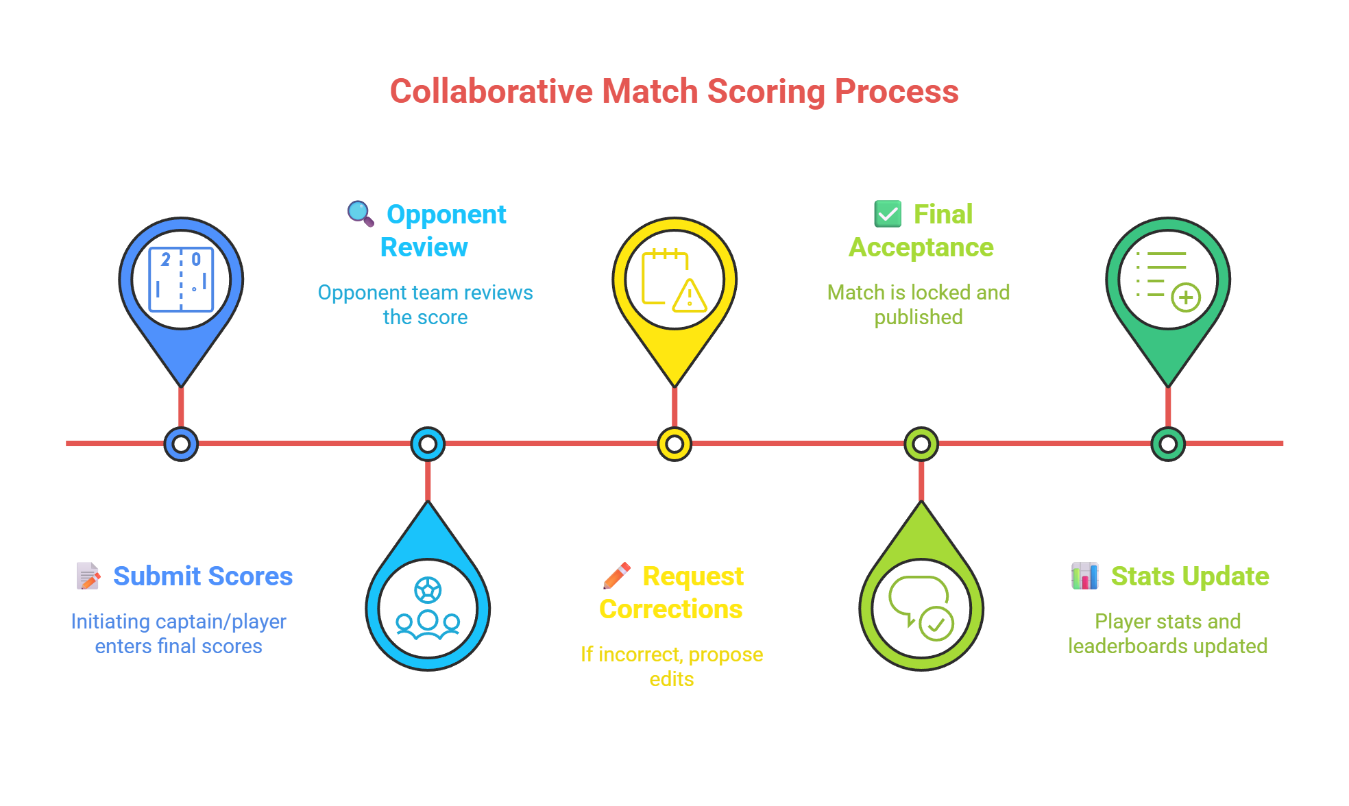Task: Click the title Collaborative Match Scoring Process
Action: [674, 92]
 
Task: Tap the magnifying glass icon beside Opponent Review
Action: [360, 213]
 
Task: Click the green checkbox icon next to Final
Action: [888, 214]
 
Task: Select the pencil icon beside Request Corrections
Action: [616, 576]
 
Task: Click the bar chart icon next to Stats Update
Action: [1084, 576]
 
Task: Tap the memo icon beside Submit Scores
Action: [88, 576]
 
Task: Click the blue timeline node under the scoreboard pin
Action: [181, 444]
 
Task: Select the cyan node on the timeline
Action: [428, 444]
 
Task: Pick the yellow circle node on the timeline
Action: [674, 444]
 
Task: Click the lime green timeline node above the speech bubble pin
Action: [921, 444]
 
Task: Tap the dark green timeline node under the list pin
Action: [1168, 444]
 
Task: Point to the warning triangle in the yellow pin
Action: [690, 297]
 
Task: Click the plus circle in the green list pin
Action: [1186, 297]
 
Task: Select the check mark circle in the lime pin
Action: [936, 624]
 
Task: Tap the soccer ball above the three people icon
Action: [428, 590]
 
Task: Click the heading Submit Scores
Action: [203, 576]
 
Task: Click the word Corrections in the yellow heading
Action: [670, 609]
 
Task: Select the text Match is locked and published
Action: [918, 304]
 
